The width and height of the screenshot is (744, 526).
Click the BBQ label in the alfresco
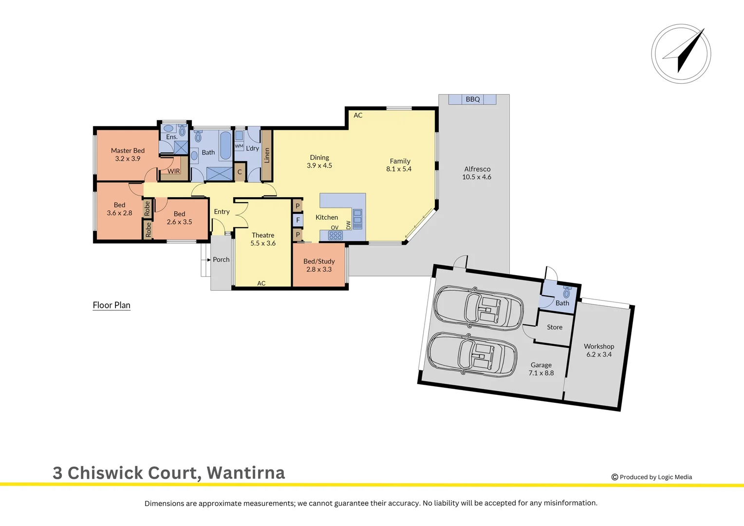[x=472, y=99]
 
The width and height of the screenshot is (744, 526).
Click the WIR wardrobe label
[x=174, y=171]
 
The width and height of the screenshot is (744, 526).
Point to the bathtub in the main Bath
[x=225, y=145]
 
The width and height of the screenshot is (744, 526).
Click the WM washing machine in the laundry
[x=239, y=146]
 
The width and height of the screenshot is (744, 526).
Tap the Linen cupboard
[x=267, y=155]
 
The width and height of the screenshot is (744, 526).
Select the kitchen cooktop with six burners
[x=335, y=236]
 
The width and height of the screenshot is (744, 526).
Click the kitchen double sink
[x=357, y=219]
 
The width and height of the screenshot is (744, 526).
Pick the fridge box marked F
[x=298, y=220]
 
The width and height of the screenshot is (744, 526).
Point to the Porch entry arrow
[x=209, y=260]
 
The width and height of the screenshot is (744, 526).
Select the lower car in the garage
[x=471, y=354]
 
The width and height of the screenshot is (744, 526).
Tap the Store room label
[x=555, y=327]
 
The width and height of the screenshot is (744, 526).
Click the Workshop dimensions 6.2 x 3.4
[x=599, y=355]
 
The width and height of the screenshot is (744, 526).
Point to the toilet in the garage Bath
[x=566, y=293]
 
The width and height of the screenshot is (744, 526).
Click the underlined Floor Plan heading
[x=112, y=305]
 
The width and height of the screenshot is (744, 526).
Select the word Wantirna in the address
[x=246, y=473]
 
